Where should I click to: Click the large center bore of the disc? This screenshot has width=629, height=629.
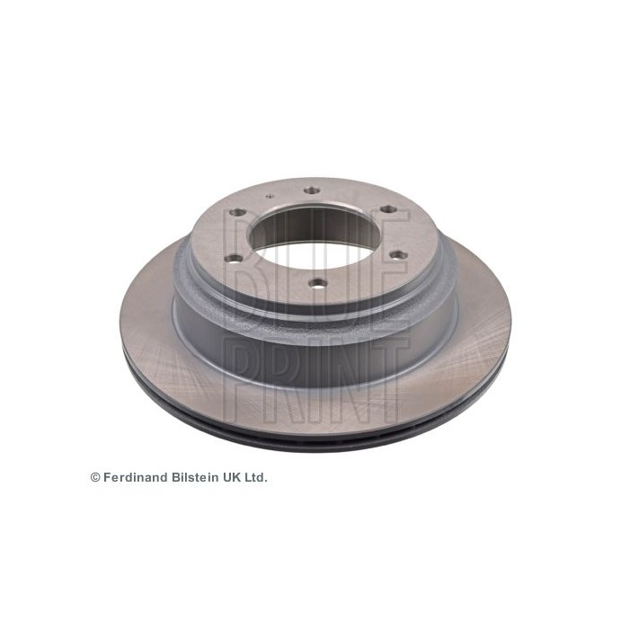pyautogui.click(x=314, y=233)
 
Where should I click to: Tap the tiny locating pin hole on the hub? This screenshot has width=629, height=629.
pyautogui.click(x=270, y=196)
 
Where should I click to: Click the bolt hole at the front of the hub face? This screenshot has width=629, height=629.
pyautogui.click(x=318, y=284)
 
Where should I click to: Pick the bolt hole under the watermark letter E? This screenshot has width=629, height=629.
pyautogui.click(x=399, y=254)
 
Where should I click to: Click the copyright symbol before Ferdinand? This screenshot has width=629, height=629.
pyautogui.click(x=95, y=477)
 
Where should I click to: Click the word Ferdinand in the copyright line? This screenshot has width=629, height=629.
pyautogui.click(x=136, y=477)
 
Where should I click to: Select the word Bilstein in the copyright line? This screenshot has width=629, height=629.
pyautogui.click(x=195, y=477)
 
